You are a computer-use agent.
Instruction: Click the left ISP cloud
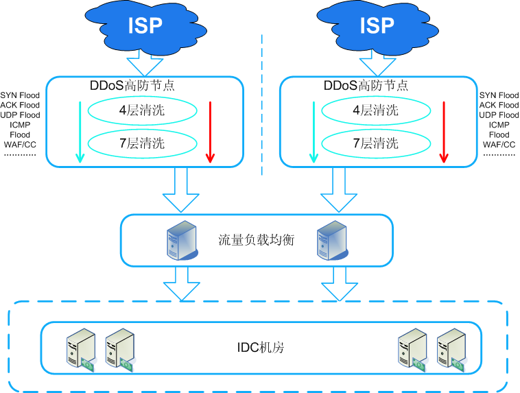tap(145, 26)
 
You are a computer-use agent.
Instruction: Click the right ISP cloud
tap(377, 26)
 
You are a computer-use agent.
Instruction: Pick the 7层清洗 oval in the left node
tap(142, 143)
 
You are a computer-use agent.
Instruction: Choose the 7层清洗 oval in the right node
tap(375, 143)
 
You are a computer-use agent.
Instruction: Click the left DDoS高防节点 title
tap(133, 86)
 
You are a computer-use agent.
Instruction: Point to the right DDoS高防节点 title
tap(366, 86)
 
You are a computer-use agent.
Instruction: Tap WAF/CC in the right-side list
tap(499, 145)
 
